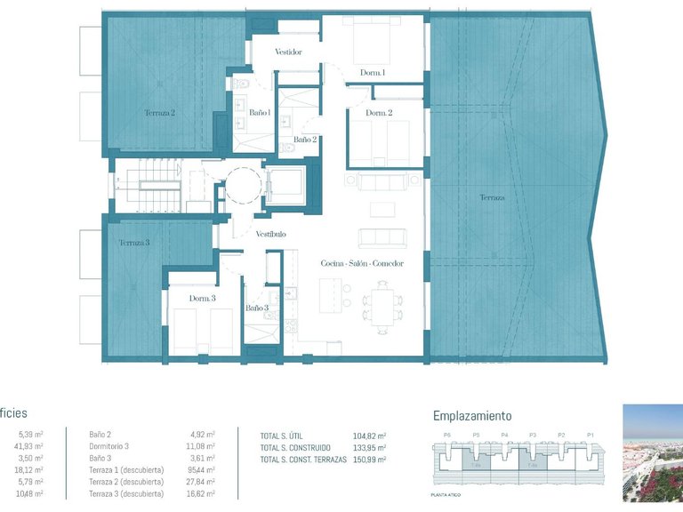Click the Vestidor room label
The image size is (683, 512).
coord(288,52)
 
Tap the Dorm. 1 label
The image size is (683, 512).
coord(373,73)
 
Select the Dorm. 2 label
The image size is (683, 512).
coord(380,113)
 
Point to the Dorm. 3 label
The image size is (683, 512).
coord(202,299)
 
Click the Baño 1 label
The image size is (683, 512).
coord(260,113)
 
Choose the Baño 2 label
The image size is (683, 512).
coord(305,140)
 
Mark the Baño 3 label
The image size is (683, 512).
coord(257,308)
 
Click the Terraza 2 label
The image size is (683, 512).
coord(160,113)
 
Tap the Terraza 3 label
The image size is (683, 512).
coord(134,243)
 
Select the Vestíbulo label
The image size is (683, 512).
coord(270,234)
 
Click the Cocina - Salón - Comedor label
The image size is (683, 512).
coord(362,264)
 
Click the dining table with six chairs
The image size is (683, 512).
coord(383,304)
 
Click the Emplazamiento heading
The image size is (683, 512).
coord(471,415)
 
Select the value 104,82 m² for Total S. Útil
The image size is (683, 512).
coord(369,436)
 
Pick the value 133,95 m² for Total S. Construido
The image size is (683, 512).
coord(369,447)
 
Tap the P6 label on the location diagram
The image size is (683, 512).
coord(447,436)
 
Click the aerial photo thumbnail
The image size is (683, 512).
coord(652,453)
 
